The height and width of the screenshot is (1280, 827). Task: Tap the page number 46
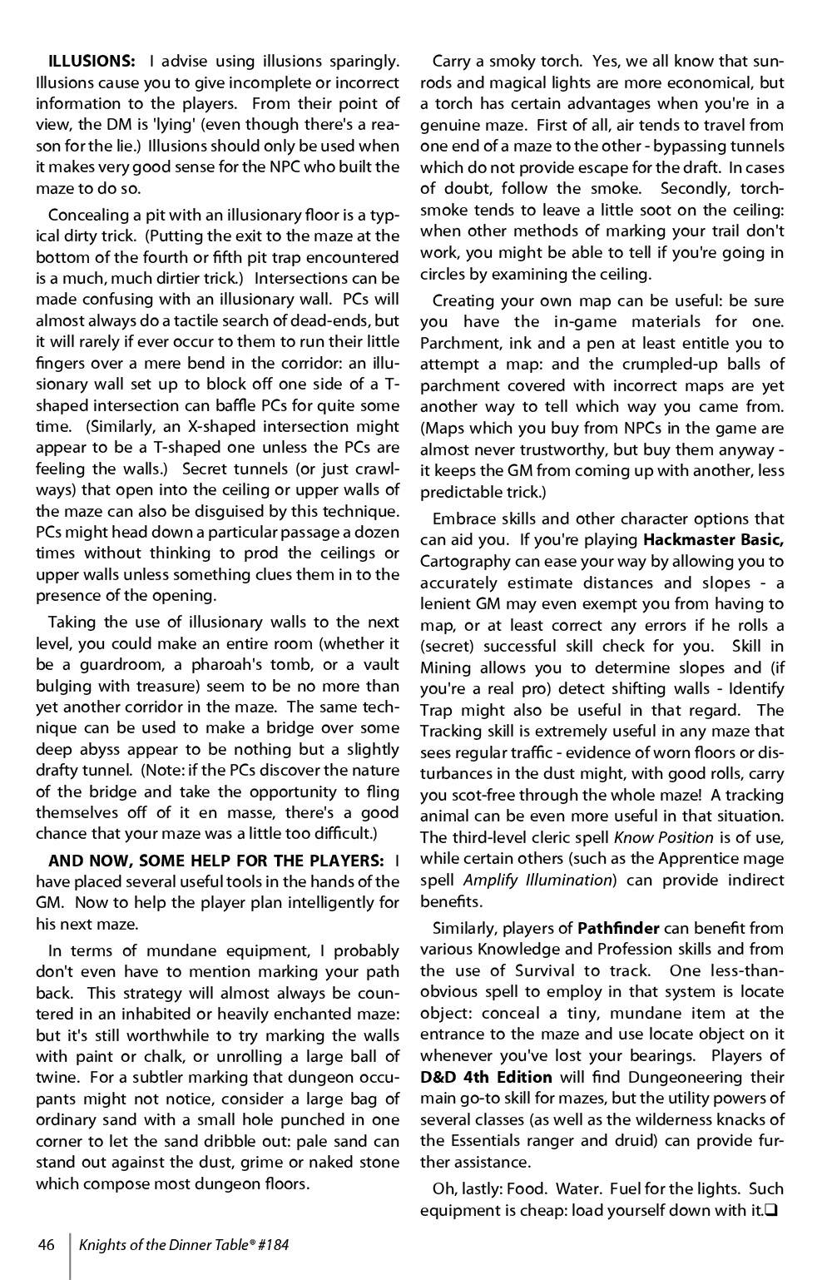pyautogui.click(x=46, y=1245)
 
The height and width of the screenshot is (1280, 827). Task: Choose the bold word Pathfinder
pyautogui.click(x=618, y=928)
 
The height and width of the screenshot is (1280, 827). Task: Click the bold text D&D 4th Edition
pyautogui.click(x=487, y=1077)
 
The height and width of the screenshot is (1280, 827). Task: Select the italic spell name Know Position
pyautogui.click(x=663, y=837)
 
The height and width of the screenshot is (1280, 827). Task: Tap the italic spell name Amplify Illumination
pyautogui.click(x=537, y=880)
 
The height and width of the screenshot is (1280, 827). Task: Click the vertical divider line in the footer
pyautogui.click(x=70, y=1255)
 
